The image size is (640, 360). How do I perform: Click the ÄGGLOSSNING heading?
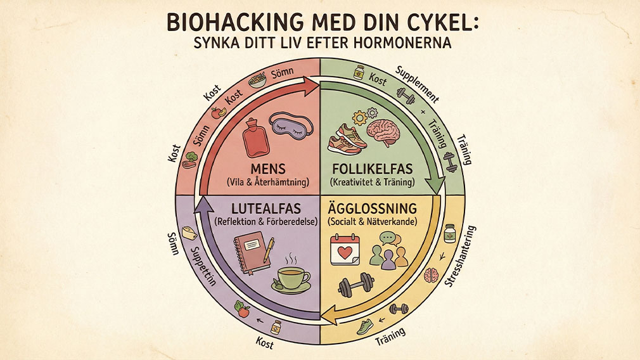373,209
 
